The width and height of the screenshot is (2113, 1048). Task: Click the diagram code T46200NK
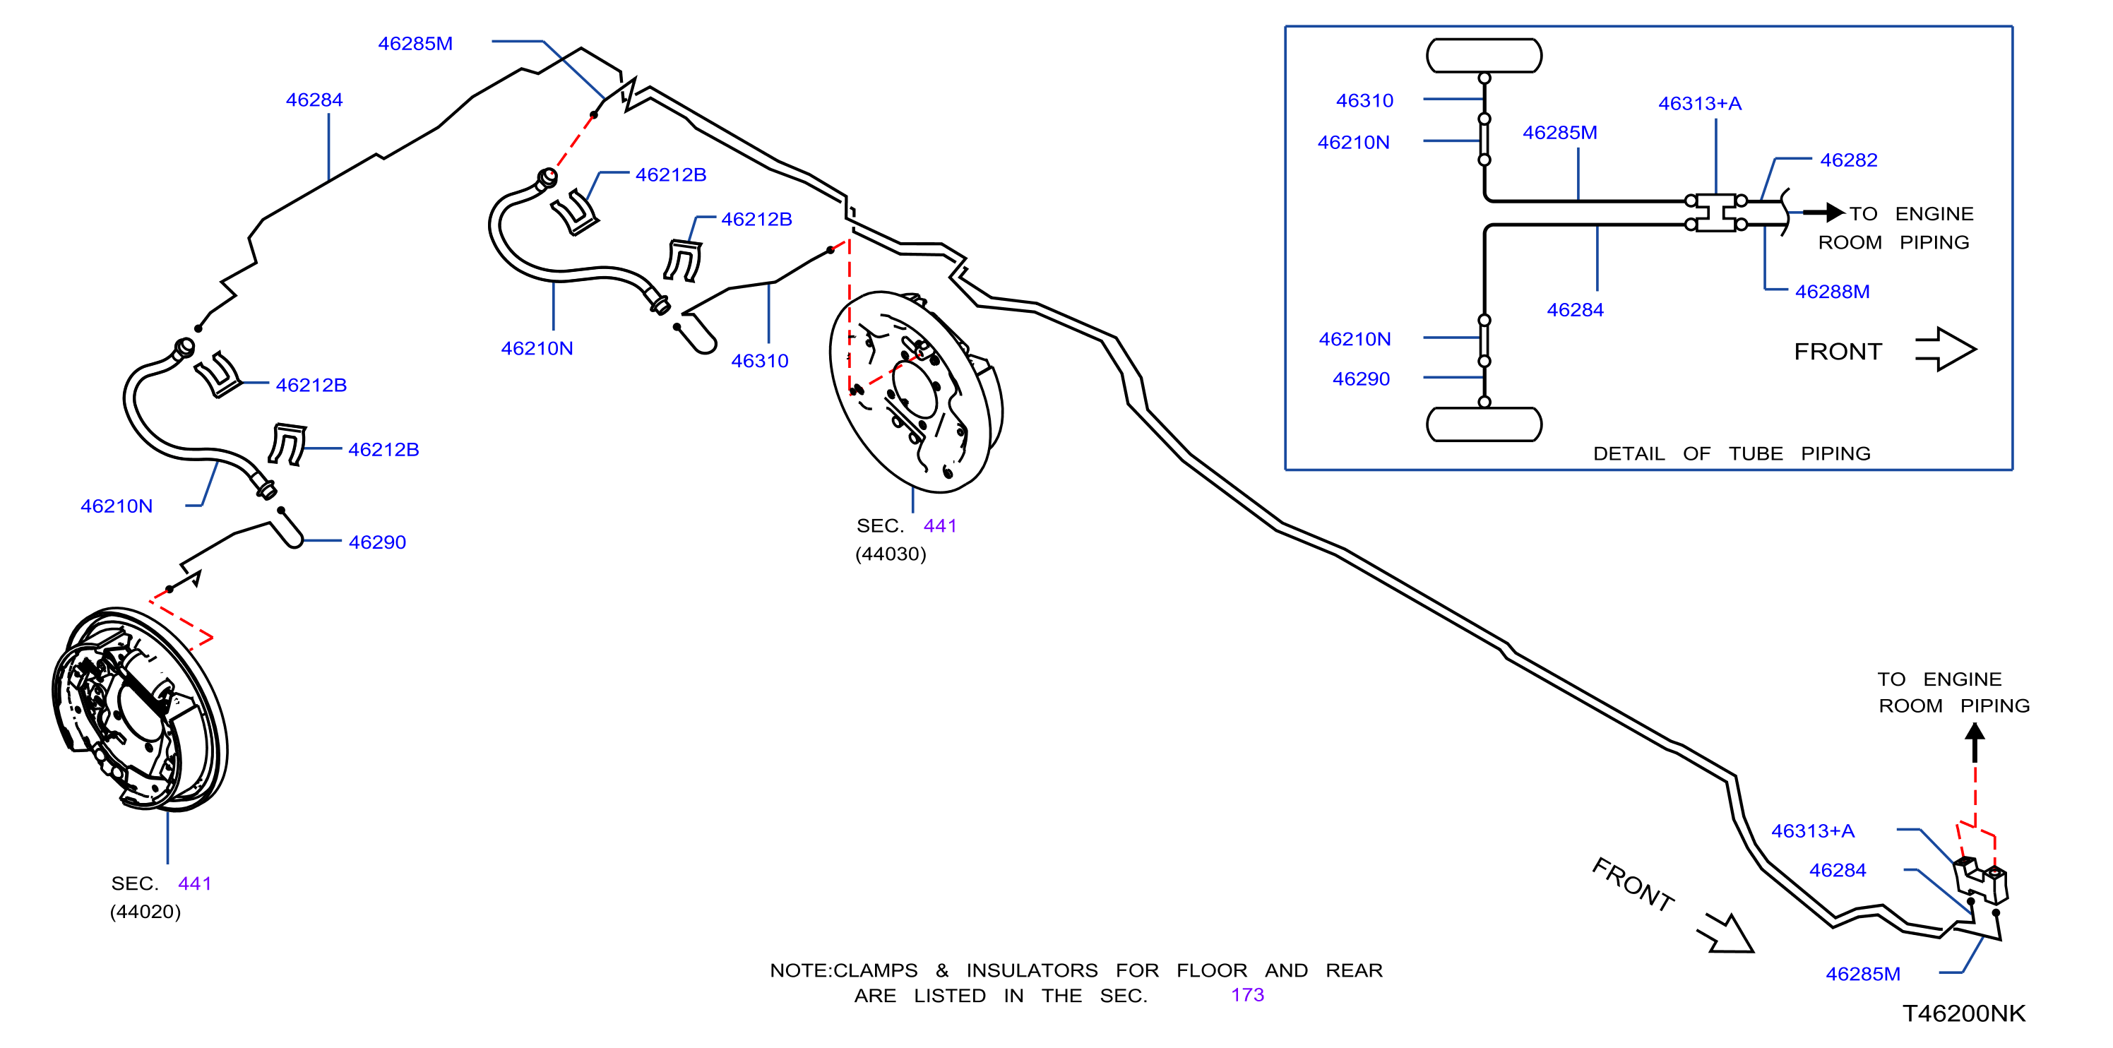1964,1013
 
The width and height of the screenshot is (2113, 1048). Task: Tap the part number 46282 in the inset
1849,160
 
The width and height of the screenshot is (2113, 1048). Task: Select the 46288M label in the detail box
1833,291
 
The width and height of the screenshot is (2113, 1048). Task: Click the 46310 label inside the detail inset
1365,100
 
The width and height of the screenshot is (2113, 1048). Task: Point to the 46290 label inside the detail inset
1362,378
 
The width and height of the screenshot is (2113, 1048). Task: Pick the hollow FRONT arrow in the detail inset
1946,350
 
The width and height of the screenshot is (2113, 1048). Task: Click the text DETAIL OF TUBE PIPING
1732,453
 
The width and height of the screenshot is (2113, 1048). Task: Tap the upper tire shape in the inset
1484,56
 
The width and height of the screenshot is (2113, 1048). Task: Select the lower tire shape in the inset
1484,424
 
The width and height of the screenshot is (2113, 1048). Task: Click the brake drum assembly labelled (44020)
139,708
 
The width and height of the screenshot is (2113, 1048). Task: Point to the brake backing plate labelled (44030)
915,391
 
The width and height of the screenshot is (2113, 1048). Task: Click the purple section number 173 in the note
1246,995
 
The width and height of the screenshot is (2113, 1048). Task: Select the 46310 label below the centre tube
760,360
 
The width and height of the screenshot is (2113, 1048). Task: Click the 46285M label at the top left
415,44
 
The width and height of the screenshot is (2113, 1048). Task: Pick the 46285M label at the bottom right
1863,973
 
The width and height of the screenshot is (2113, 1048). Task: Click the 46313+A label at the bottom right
1813,830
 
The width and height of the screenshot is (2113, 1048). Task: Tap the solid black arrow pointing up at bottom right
1975,742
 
